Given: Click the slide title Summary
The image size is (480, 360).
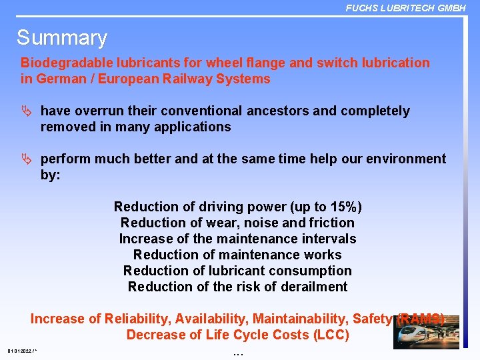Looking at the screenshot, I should tap(61, 38).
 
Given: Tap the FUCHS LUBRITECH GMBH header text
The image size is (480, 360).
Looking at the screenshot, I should tap(405, 7).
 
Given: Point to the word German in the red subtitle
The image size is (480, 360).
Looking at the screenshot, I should tap(58, 79).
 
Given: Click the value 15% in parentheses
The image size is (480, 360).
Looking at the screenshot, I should tap(341, 207).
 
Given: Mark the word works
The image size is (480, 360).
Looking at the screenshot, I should tap(322, 255).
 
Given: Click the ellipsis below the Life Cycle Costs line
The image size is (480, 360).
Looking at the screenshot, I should tap(239, 351).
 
